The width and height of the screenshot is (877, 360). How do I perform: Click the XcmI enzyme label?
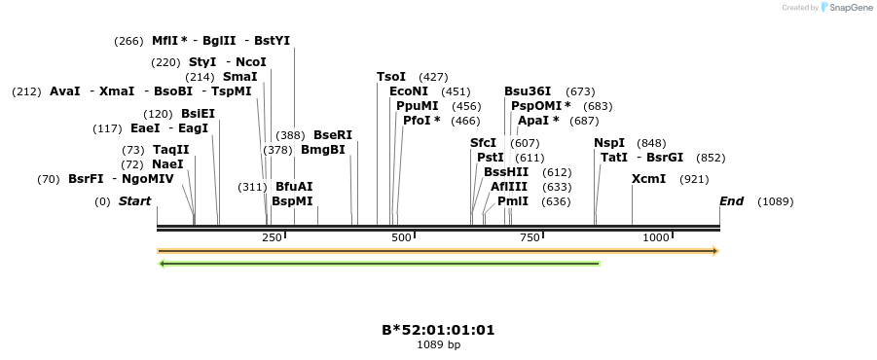[x=648, y=179]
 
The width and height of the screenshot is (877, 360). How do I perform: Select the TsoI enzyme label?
[x=391, y=77]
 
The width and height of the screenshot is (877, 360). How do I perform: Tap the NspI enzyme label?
[x=609, y=143]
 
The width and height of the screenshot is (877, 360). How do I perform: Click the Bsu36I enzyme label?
[x=528, y=91]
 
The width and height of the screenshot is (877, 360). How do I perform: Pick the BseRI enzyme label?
[x=333, y=135]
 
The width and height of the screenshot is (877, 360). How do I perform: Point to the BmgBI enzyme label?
[x=323, y=150]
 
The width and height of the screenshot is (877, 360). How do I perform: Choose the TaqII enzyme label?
[x=170, y=150]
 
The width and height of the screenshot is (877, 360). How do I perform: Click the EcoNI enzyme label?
[x=408, y=91]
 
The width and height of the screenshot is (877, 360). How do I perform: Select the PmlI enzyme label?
[x=513, y=201]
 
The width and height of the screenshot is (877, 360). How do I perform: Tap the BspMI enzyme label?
[x=292, y=201]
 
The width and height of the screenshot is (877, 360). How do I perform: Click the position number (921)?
[x=694, y=179]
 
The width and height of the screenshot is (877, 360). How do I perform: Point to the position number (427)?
[x=433, y=77]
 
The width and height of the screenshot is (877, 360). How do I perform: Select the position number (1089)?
[x=776, y=201]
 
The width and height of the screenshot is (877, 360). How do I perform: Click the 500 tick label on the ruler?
[x=401, y=238]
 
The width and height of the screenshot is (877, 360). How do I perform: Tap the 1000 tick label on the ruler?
[x=656, y=238]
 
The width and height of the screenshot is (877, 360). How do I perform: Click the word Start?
[x=135, y=201]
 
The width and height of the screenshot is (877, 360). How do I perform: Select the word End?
[x=731, y=201]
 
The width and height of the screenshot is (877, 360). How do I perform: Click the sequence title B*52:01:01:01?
[x=438, y=330]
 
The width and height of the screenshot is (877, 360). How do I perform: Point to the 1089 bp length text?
[x=438, y=344]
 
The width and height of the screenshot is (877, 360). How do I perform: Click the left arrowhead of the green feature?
[x=162, y=263]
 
